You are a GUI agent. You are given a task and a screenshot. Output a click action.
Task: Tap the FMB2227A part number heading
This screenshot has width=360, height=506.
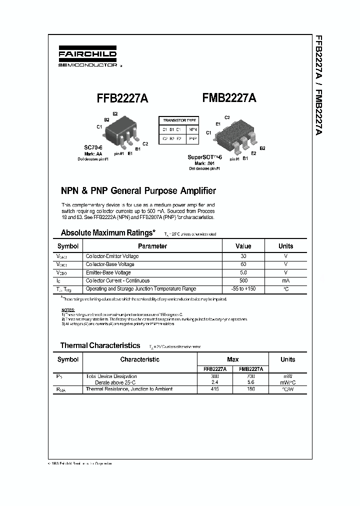point(229,99)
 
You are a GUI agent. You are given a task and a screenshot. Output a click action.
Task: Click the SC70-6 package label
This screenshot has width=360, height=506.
point(93,148)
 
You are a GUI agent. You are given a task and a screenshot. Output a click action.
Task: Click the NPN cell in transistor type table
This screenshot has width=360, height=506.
point(192,129)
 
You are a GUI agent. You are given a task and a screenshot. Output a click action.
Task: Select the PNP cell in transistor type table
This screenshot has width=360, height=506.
point(192,138)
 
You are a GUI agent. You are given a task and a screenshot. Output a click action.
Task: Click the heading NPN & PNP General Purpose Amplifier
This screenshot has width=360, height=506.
point(138,190)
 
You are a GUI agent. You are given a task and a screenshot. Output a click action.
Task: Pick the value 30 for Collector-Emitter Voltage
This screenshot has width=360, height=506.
point(243,256)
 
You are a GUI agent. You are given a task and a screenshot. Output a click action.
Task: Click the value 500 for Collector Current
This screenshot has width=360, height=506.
point(243,280)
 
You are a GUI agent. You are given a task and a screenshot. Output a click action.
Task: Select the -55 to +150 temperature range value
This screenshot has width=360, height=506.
point(243,289)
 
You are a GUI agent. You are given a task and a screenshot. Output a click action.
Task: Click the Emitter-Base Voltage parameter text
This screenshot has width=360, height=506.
point(108,272)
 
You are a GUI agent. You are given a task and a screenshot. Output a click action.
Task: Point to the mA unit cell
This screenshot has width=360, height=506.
point(285,280)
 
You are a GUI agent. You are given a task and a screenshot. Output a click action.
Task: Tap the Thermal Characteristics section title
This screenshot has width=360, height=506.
point(100,345)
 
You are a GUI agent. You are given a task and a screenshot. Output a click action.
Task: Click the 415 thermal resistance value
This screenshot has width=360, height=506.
point(215,389)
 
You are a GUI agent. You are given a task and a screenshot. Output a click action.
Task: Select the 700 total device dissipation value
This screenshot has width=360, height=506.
point(250,376)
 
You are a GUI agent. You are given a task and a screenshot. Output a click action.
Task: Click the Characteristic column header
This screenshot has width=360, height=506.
point(140,359)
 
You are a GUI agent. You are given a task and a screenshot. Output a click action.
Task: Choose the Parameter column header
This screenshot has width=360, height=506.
point(152,246)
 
